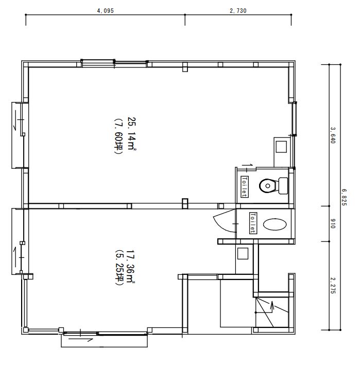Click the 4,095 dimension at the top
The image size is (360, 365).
point(105,11)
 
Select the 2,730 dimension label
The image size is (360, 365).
point(238,11)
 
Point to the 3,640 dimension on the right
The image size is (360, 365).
point(333,135)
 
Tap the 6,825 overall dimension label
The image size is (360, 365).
point(344,197)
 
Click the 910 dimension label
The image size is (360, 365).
point(333,223)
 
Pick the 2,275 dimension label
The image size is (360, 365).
point(333,285)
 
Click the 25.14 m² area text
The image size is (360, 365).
point(131,134)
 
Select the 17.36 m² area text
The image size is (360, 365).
point(131,267)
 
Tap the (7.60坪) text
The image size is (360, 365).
point(118,136)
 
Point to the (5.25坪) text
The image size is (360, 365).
point(119,268)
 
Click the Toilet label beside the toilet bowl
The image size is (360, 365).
point(244,187)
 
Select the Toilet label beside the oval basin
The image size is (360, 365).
point(253,223)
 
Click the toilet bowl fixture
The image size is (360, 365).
point(268,186)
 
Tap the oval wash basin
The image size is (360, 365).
point(275,224)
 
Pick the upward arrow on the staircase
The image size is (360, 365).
point(272,307)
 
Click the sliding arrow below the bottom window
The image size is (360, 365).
point(80,340)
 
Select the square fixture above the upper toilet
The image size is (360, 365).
point(281,147)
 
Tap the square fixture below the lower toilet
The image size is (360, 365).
point(243,253)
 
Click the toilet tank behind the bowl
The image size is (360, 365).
point(283,186)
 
